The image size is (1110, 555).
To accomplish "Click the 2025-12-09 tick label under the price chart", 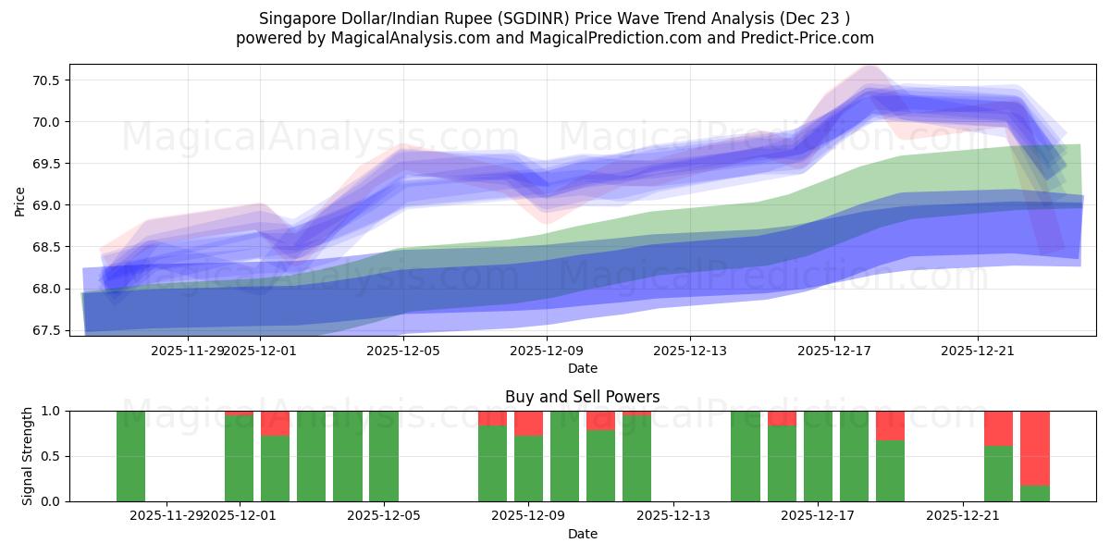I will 547,351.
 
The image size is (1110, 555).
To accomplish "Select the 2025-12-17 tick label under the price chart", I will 834,351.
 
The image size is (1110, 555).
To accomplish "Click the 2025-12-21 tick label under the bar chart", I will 963,515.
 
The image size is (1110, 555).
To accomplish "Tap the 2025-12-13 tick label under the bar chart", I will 673,515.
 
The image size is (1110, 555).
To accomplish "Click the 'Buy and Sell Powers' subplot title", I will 583,397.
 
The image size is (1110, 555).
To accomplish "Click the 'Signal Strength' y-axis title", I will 28,456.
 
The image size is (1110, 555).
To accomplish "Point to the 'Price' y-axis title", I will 20,201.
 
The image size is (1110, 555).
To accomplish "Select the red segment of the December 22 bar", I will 999,427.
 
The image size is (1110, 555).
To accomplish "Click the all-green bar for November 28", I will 130,456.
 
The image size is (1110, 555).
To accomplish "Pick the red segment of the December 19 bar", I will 890,425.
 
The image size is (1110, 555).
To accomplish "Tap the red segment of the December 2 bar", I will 275,423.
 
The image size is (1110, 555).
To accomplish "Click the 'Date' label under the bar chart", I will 583,534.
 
